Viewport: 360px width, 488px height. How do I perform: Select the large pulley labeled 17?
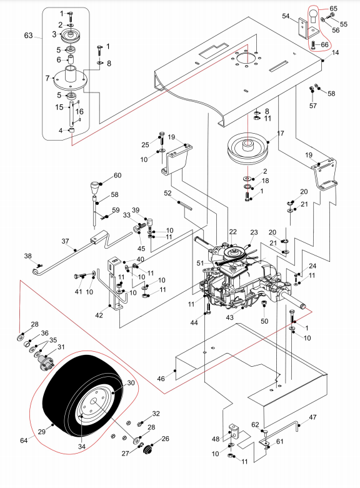point(248,149)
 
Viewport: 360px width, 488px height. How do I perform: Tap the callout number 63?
point(28,36)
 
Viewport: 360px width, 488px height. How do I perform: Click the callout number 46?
point(161,379)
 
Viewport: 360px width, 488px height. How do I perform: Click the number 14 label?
point(335,52)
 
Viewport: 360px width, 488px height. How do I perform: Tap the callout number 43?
point(229,317)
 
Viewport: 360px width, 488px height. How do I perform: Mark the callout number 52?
point(167,193)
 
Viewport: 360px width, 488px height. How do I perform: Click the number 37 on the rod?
point(65,241)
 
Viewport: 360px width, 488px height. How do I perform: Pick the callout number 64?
point(24,441)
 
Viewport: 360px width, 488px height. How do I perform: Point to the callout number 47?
point(312,417)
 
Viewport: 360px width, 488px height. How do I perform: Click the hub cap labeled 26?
point(149,449)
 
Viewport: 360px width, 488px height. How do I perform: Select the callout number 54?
point(286,16)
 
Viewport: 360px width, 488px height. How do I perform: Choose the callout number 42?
point(99,316)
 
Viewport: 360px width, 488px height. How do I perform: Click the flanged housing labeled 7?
point(71,78)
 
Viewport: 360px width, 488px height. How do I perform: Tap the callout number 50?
point(264,321)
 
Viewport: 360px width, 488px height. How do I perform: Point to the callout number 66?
point(324,45)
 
